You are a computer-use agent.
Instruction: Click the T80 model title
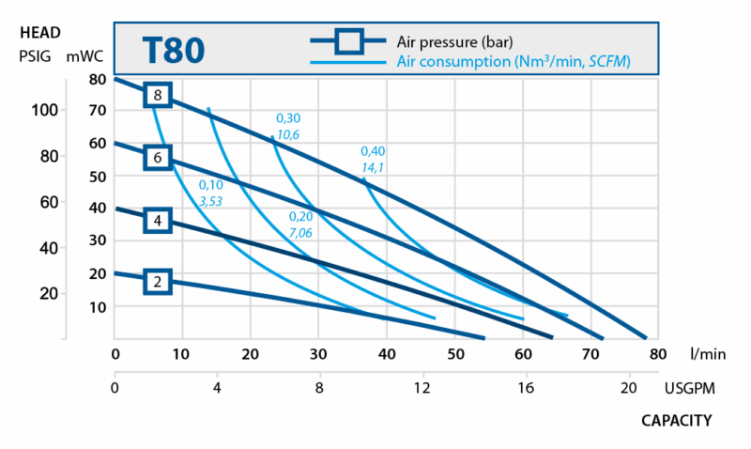click(x=173, y=50)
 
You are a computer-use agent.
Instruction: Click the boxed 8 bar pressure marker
click(x=159, y=95)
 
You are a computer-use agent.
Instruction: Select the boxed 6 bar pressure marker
click(x=159, y=158)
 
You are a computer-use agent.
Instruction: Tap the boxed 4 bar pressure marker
click(x=159, y=221)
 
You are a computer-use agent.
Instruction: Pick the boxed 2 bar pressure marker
click(x=159, y=280)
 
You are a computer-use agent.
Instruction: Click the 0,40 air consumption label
click(x=373, y=151)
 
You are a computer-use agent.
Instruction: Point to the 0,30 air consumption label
click(x=287, y=118)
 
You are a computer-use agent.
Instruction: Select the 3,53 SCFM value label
click(x=210, y=201)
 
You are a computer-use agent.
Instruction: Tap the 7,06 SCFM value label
click(x=300, y=232)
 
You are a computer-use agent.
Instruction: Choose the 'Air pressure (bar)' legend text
click(x=454, y=41)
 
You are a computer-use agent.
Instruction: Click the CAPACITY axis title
click(x=676, y=420)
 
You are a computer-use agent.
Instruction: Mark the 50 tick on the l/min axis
click(x=454, y=354)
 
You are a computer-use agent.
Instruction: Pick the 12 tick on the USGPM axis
click(x=422, y=386)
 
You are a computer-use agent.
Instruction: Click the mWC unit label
click(x=84, y=55)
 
